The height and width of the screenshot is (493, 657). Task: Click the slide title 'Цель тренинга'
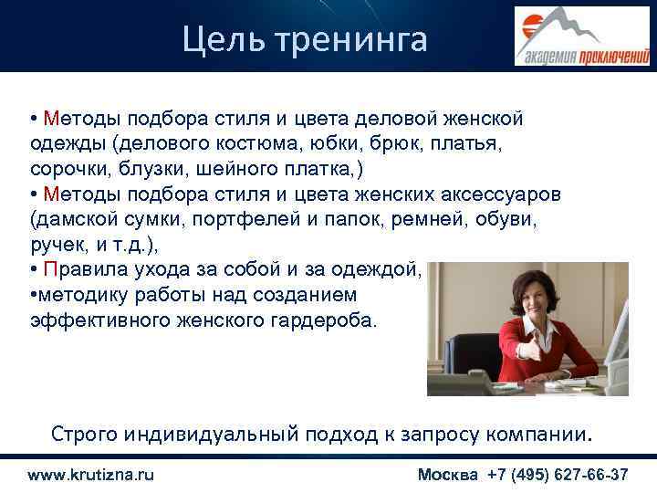[304, 38]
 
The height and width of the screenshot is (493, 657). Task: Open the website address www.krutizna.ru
[90, 475]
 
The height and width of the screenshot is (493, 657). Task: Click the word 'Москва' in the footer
[447, 475]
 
